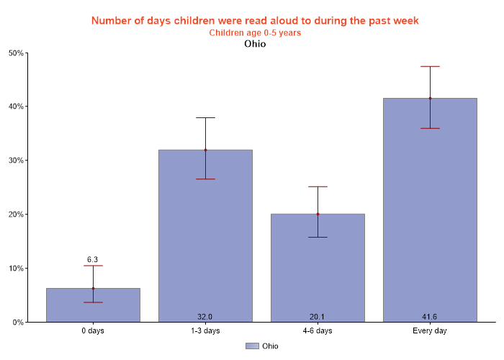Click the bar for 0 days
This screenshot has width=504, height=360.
tap(93, 305)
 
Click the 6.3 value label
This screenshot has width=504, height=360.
tap(93, 259)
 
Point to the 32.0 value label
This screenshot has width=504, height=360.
tap(205, 317)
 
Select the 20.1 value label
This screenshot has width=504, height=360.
tap(318, 317)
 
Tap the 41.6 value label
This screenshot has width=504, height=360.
tap(430, 317)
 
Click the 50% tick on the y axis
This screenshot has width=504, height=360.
tap(16, 53)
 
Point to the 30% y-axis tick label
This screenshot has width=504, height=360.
tap(16, 161)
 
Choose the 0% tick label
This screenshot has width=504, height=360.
tap(18, 323)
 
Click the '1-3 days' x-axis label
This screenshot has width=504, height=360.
tap(205, 331)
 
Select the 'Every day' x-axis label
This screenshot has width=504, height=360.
tap(430, 331)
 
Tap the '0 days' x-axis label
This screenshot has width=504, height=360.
tap(93, 331)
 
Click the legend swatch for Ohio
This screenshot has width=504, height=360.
tap(251, 346)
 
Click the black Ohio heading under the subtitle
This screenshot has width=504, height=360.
tap(255, 44)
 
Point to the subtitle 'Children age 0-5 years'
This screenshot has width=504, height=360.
tap(255, 32)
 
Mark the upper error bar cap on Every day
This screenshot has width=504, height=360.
tap(430, 66)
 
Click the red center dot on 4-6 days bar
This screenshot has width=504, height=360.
tap(318, 214)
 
